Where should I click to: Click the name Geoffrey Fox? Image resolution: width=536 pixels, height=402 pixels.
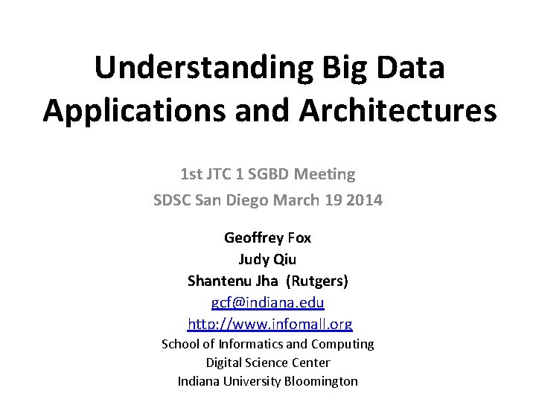[x=268, y=239]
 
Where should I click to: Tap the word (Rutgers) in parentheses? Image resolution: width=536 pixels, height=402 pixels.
[x=317, y=282]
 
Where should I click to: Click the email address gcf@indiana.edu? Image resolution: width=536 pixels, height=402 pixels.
[x=268, y=304]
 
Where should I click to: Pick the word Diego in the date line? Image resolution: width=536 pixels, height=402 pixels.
[x=255, y=200]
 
